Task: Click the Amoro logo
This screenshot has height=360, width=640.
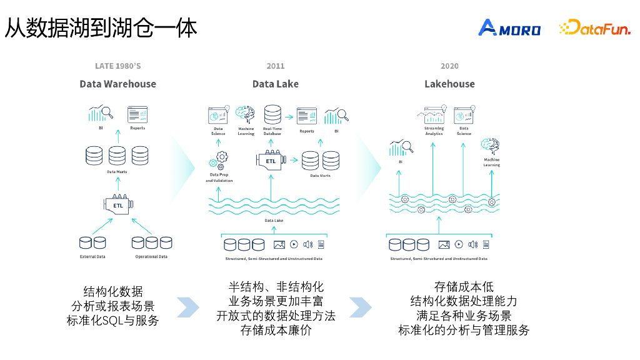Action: click(509, 28)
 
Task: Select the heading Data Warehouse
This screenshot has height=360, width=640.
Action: click(117, 84)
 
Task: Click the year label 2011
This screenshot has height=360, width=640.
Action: click(275, 66)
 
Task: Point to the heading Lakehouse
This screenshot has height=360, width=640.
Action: click(449, 84)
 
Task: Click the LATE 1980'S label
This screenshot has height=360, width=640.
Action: click(117, 66)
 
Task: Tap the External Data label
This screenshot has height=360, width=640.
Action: click(92, 257)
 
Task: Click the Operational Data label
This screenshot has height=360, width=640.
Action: click(151, 257)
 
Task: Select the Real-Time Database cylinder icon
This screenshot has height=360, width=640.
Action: click(272, 115)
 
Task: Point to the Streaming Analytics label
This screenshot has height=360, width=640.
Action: click(434, 131)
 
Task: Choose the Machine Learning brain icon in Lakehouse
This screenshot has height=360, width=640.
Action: click(491, 146)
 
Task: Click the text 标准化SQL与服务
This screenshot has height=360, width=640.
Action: click(113, 321)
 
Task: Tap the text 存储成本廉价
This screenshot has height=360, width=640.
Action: click(276, 330)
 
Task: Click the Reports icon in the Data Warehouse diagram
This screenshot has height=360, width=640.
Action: click(137, 114)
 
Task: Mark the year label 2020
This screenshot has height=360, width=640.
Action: click(449, 66)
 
